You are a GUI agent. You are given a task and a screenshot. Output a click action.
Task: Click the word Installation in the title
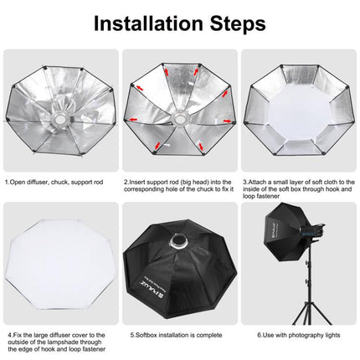tap(147, 22)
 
